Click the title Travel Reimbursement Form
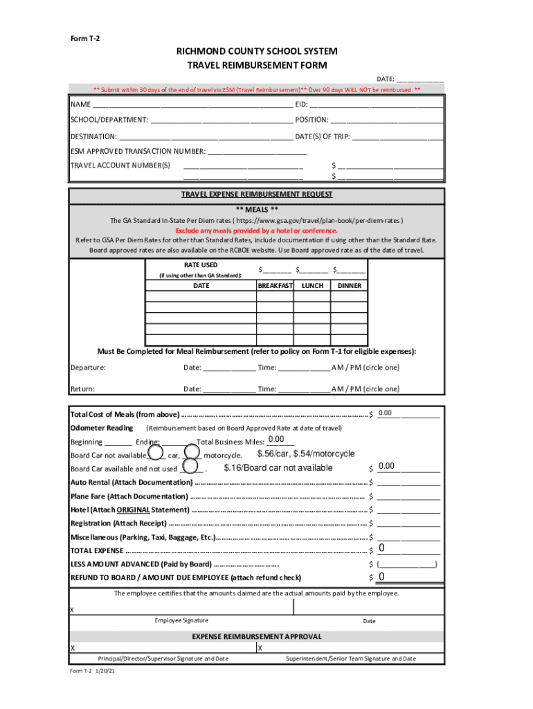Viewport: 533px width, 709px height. (257, 65)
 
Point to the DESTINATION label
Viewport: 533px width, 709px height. (93, 136)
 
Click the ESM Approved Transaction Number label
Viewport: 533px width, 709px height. (138, 151)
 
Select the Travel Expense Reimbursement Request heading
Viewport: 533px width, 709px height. (257, 195)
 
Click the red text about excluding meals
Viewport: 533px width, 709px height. (257, 230)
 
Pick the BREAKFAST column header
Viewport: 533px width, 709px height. (275, 285)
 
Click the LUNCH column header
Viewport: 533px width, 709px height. (312, 285)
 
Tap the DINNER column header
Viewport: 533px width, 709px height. (349, 285)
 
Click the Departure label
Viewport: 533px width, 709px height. (88, 367)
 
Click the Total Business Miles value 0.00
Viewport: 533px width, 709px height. (276, 440)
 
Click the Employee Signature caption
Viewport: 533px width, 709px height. (181, 620)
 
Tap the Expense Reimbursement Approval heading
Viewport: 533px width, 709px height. (257, 636)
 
